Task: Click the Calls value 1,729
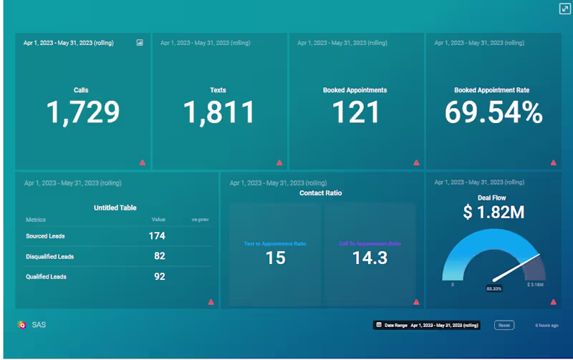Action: click(x=83, y=112)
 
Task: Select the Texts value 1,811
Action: click(x=218, y=112)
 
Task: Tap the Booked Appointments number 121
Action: click(x=355, y=112)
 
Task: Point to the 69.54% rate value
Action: click(x=493, y=112)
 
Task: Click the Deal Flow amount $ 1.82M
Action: click(x=493, y=212)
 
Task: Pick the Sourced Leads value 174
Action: click(x=157, y=235)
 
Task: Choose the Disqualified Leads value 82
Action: click(x=160, y=256)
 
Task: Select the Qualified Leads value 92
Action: click(x=160, y=276)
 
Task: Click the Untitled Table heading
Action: click(x=115, y=208)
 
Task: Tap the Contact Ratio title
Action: click(x=320, y=193)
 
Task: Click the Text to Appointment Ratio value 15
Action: click(x=276, y=258)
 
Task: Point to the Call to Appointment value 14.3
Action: click(x=370, y=258)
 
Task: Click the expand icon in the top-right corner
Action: click(x=564, y=9)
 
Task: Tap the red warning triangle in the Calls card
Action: click(x=143, y=162)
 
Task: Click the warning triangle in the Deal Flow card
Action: click(x=554, y=302)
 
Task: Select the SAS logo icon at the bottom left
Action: click(x=21, y=324)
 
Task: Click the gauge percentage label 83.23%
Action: click(x=493, y=288)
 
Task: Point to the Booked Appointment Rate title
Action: click(x=492, y=91)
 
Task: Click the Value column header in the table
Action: click(x=158, y=219)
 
